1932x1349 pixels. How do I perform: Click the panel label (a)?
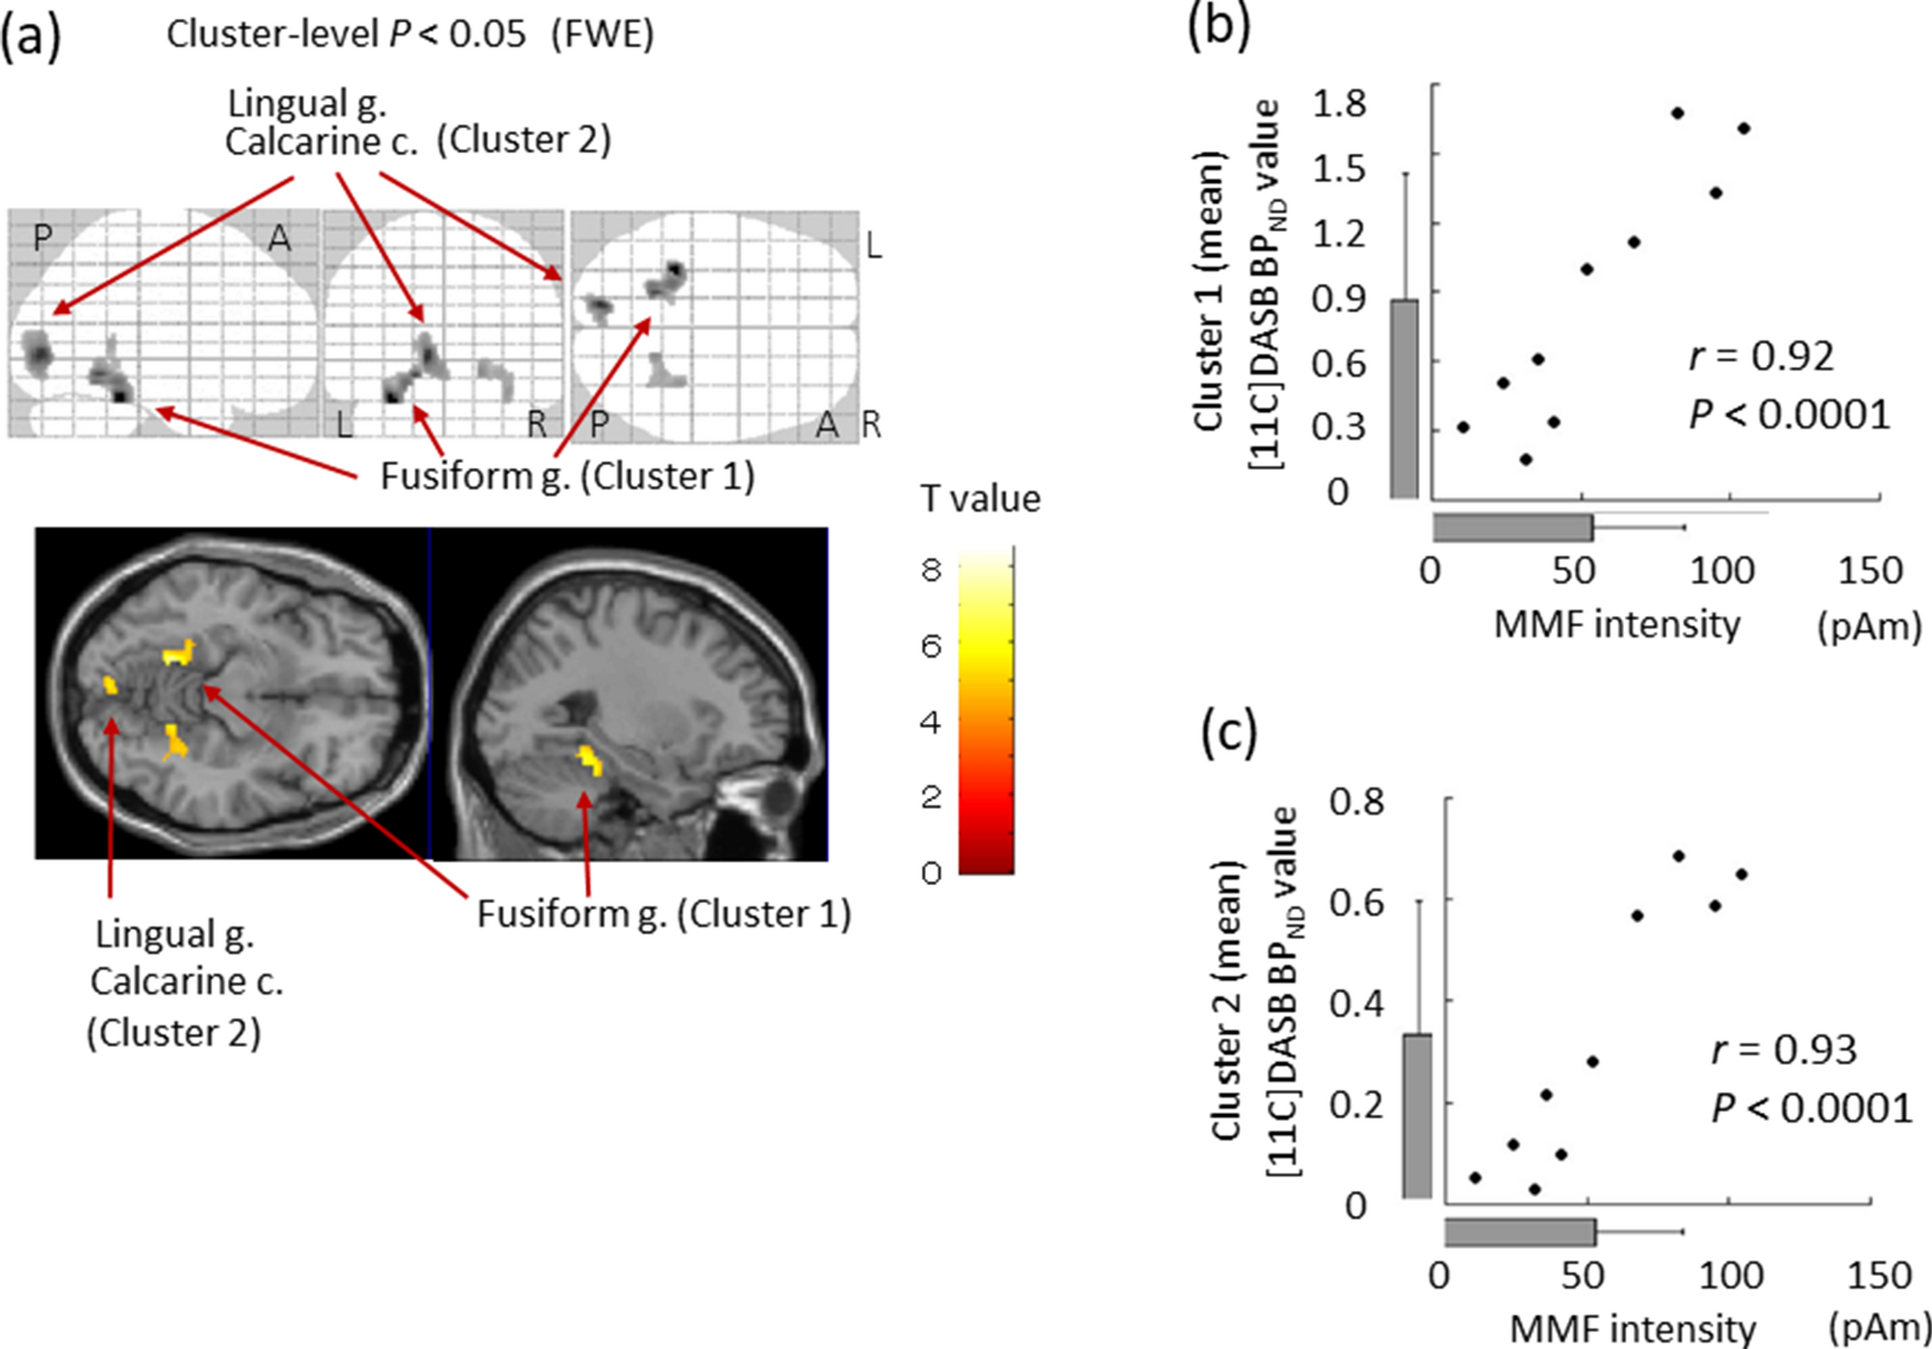[x=30, y=37]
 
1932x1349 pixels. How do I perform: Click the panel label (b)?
[x=1219, y=25]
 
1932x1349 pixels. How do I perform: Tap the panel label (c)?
[x=1229, y=733]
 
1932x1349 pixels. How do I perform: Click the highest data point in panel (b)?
[x=1677, y=113]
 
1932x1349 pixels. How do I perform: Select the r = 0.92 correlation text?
[x=1761, y=356]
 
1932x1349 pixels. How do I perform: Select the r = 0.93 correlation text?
[x=1783, y=1050]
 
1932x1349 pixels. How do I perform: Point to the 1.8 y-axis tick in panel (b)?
[x=1339, y=103]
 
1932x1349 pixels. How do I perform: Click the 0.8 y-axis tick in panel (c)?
[x=1355, y=801]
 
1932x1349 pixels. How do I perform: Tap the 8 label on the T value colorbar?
[x=930, y=570]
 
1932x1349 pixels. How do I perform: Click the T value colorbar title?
[x=979, y=499]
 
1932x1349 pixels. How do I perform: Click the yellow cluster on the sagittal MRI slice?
[x=589, y=759]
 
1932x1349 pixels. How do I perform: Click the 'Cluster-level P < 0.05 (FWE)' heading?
[x=410, y=35]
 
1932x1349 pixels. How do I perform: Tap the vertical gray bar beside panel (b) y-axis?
[x=1404, y=399]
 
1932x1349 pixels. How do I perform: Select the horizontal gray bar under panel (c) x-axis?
[x=1520, y=1232]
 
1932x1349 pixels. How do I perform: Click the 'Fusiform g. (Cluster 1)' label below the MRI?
[x=664, y=914]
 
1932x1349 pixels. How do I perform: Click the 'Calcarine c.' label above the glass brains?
[x=321, y=142]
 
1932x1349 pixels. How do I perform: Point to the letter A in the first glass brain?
[x=278, y=238]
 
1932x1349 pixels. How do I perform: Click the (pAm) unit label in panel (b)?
[x=1868, y=627]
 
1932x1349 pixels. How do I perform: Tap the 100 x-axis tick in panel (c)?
[x=1730, y=1277]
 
